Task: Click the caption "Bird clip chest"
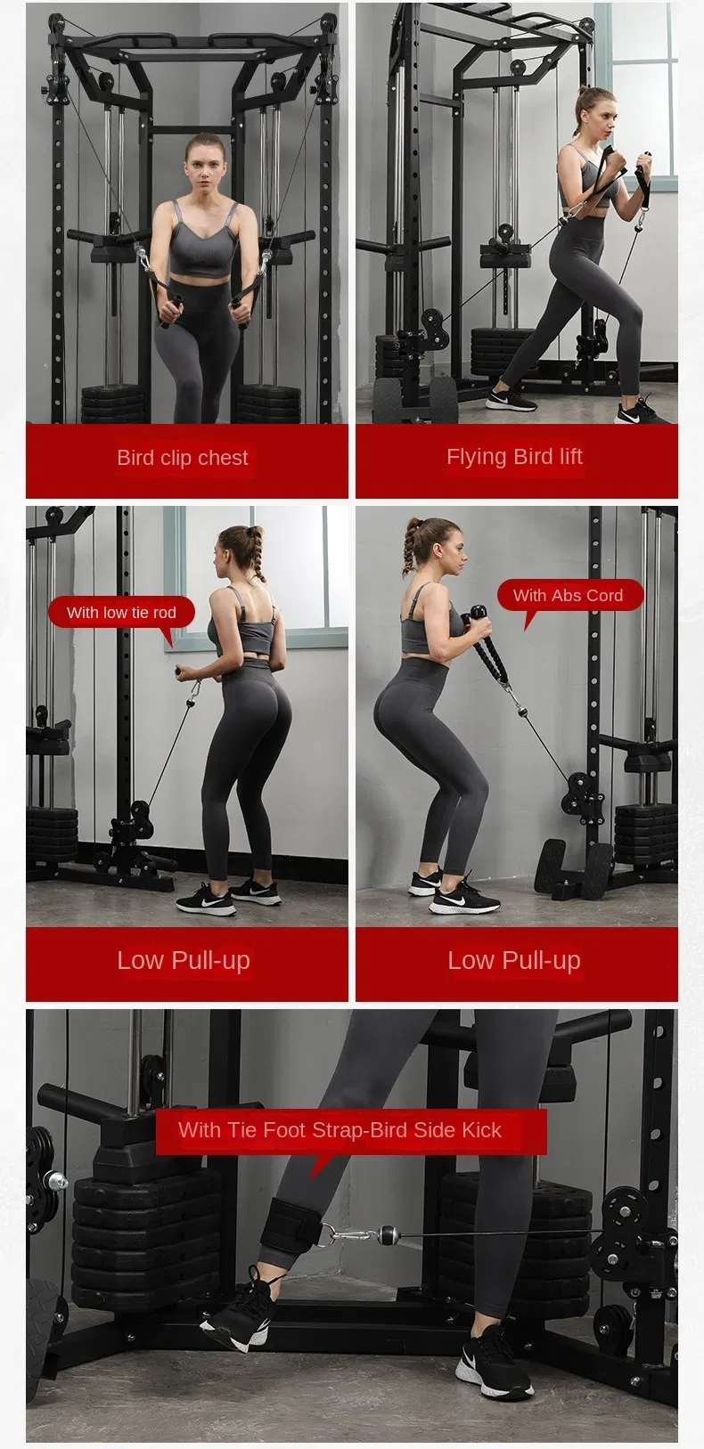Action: (183, 458)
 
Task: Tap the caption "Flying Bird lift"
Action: (514, 457)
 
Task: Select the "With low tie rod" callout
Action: (121, 612)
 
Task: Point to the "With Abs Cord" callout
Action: (568, 595)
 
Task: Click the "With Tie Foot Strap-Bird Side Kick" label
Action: (340, 1130)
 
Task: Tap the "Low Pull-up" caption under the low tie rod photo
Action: (184, 960)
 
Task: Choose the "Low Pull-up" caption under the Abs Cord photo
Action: (514, 960)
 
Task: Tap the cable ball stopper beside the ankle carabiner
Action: (389, 1233)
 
